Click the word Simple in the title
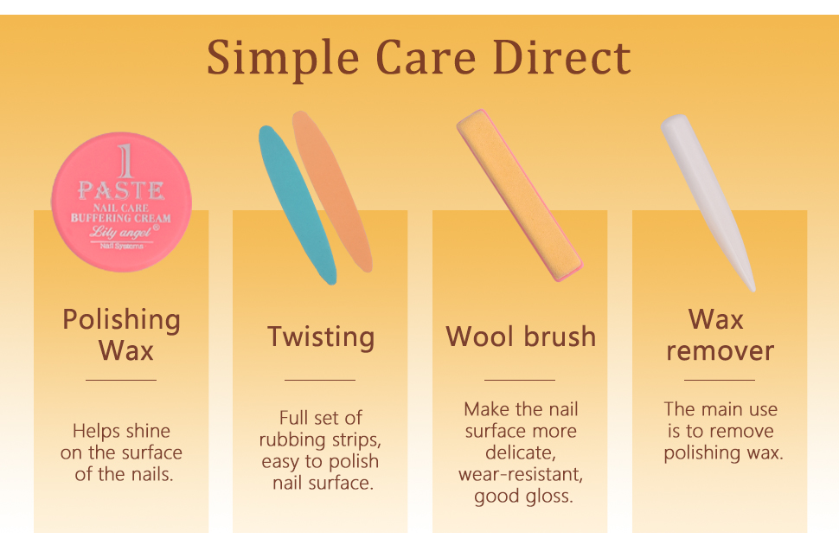283,58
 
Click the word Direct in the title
561,57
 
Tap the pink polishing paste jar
121,202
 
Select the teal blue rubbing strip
297,205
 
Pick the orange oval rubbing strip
332,191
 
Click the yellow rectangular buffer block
520,196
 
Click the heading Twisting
321,337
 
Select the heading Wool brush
521,337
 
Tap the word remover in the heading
721,351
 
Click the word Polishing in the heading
121,320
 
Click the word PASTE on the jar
121,190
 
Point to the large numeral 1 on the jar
125,161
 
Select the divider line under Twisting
320,380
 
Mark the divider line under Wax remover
720,380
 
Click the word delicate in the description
520,452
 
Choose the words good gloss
523,497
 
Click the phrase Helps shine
121,431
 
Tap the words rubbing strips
320,440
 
